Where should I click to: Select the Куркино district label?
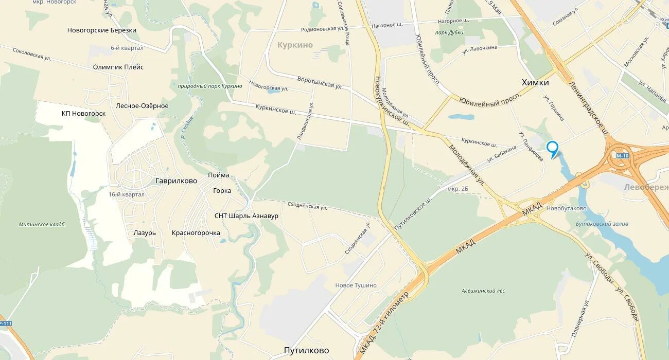pos(295,45)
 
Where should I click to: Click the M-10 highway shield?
pos(622,155)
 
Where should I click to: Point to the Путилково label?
pos(306,351)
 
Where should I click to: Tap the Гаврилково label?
pos(176,181)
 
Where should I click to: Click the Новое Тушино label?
pos(356,285)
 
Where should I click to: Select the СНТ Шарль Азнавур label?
pos(246,216)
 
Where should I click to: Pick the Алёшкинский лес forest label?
pos(483,291)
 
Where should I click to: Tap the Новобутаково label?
pos(566,209)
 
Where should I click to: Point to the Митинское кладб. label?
pos(42,224)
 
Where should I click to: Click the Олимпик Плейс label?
pos(118,67)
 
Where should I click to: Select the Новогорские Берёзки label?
pos(102,30)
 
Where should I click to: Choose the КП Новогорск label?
pos(83,113)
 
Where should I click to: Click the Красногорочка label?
pos(196,233)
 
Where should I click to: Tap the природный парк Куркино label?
pos(209,86)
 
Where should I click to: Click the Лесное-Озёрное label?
pos(142,106)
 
